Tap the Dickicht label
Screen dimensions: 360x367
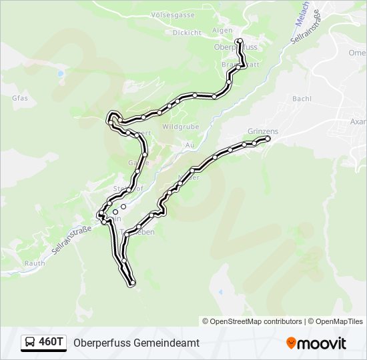(187, 32)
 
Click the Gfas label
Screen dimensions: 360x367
(19, 97)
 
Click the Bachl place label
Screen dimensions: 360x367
(302, 99)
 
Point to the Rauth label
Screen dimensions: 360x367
(35, 263)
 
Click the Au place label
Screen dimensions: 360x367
(190, 145)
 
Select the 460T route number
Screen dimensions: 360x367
(51, 343)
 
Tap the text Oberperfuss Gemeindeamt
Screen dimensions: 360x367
(136, 343)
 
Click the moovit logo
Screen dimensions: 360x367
(316, 343)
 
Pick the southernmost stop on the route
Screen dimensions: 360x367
(132, 283)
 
